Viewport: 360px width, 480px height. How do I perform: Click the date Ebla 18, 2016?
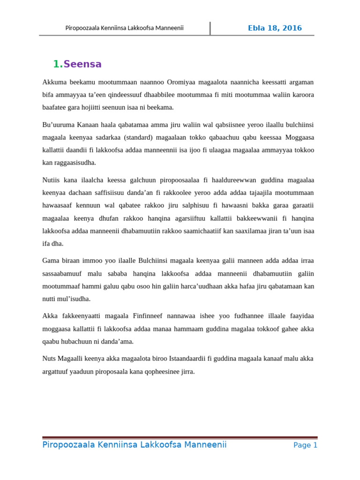click(x=275, y=28)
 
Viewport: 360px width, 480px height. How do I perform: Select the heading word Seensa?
click(x=82, y=64)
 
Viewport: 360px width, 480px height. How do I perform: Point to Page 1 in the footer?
click(x=305, y=445)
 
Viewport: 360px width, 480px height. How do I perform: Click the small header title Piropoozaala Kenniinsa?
click(x=124, y=28)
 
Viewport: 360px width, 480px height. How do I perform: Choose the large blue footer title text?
click(x=135, y=445)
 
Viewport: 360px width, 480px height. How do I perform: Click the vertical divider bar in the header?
click(x=210, y=28)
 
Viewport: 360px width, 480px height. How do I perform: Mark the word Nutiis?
click(x=52, y=180)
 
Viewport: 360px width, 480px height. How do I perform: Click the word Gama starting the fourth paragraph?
click(x=51, y=261)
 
